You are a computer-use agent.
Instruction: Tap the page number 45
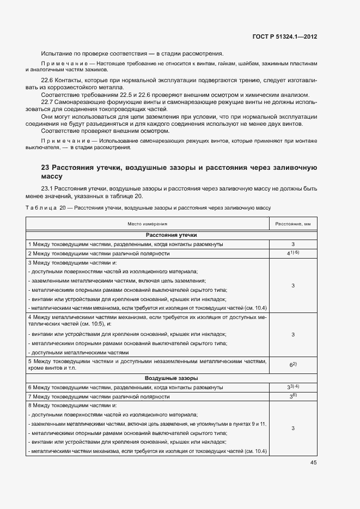[313, 463]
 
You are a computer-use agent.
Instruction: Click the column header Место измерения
[148, 224]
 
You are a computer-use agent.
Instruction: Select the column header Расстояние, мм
[292, 224]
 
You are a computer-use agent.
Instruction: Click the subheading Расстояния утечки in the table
[171, 235]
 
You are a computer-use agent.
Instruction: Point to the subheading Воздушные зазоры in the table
[171, 378]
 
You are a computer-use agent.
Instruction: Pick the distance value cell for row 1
[293, 244]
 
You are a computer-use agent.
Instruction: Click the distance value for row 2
[293, 254]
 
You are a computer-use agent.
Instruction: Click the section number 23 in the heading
[46, 168]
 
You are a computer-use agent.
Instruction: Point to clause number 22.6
[48, 81]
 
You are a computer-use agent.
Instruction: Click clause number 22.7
[48, 102]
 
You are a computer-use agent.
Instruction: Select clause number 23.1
[48, 189]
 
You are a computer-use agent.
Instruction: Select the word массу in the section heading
[52, 176]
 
